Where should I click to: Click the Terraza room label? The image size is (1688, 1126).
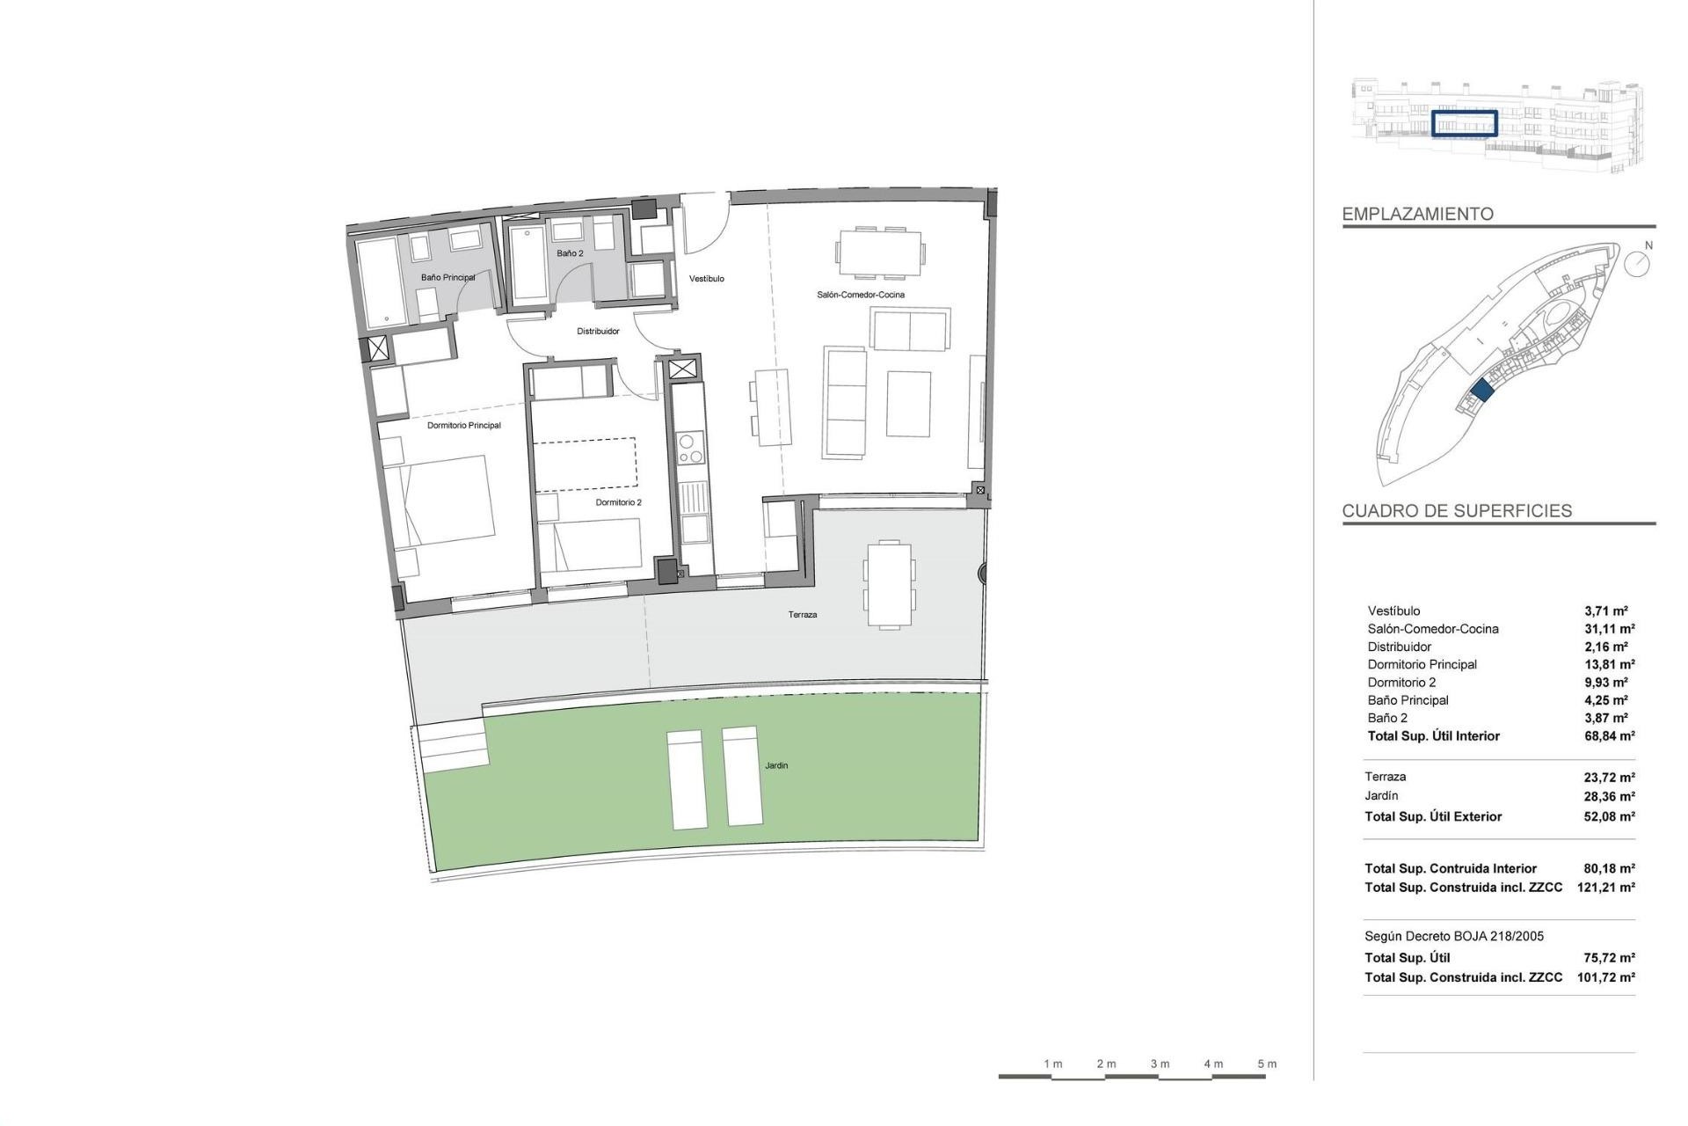pos(802,615)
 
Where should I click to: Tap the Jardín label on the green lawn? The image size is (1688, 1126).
pos(775,765)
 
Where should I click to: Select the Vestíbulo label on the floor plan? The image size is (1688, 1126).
pos(706,279)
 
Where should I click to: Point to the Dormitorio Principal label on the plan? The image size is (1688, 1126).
pos(463,426)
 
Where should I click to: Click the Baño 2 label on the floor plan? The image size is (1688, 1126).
pos(570,253)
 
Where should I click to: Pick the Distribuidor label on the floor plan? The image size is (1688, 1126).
pos(598,332)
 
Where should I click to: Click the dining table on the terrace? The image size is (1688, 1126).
pos(888,584)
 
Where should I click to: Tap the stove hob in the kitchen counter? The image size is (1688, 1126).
pos(689,448)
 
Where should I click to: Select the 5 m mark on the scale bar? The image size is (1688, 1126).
pos(1266,1064)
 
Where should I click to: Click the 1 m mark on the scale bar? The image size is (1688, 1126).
pos(1052,1064)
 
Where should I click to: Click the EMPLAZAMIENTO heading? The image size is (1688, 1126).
pos(1417,214)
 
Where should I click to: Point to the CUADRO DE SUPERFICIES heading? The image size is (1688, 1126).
pos(1457,511)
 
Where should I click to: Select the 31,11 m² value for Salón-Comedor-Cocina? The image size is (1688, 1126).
pos(1609,629)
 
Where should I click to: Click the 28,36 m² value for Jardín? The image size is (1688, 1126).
pos(1609,796)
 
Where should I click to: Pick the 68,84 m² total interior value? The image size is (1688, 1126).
pos(1609,736)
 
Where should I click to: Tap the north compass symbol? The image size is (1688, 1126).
pos(1636,263)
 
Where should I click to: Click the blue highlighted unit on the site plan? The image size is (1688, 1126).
pos(1481,391)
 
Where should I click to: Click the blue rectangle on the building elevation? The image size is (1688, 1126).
pos(1464,124)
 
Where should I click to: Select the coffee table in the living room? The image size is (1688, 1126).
pos(908,404)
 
